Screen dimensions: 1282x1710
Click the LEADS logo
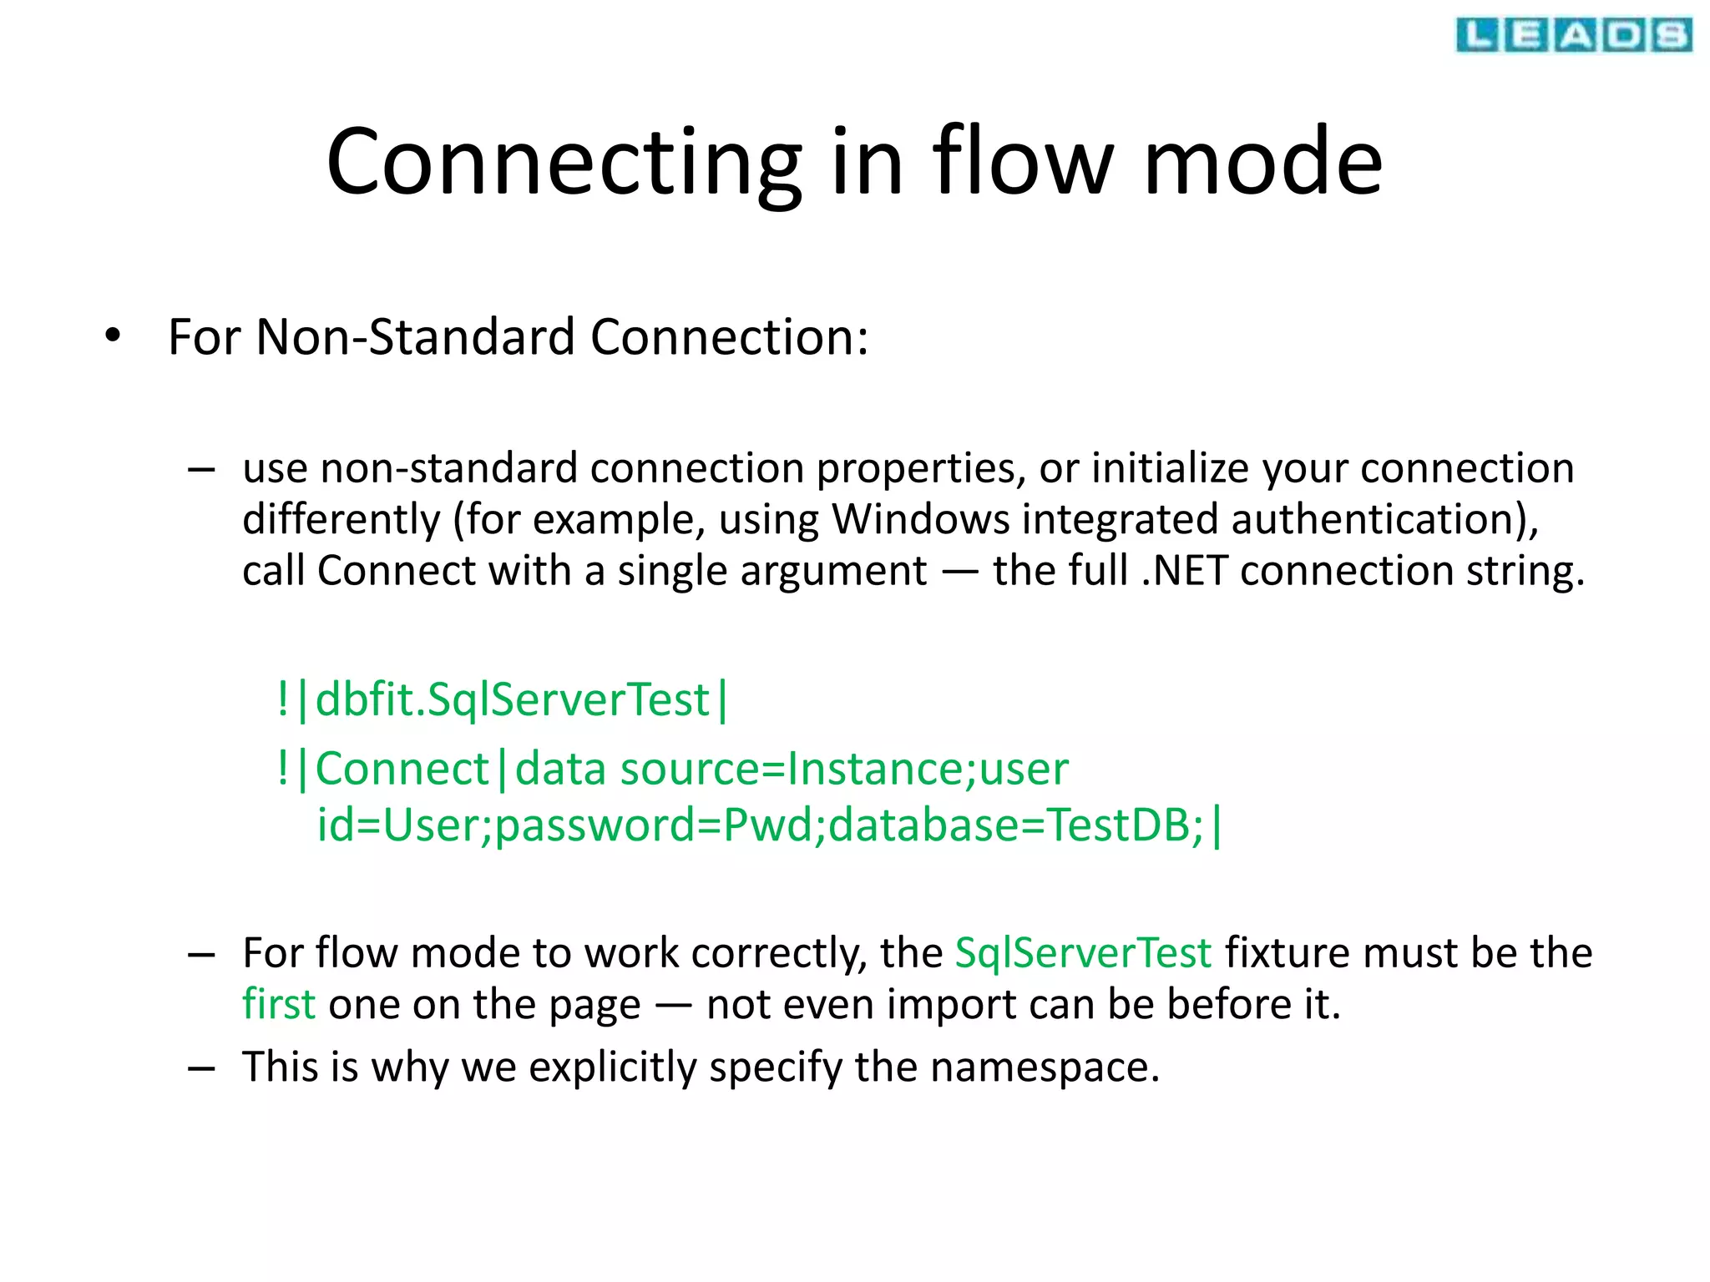(x=1573, y=35)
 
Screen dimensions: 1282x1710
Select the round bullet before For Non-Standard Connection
(x=113, y=336)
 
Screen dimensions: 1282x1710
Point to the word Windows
(x=920, y=519)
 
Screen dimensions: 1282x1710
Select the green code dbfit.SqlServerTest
(x=512, y=699)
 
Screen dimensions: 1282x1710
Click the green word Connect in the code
(x=402, y=769)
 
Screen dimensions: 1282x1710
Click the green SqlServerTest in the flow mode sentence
(x=1082, y=953)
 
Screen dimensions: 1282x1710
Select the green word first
(x=278, y=1004)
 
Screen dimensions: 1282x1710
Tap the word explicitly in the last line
(x=612, y=1067)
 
